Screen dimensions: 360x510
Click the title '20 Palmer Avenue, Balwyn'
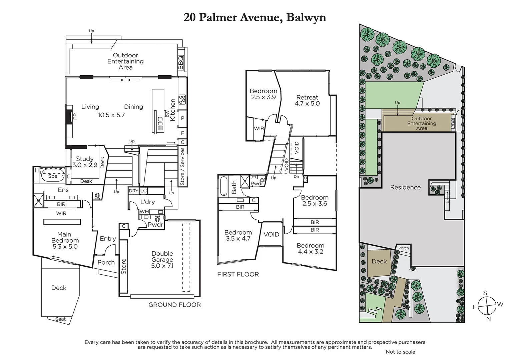pos(255,17)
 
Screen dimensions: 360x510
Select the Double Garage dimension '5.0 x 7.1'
pos(162,266)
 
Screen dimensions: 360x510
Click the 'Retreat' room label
pos(307,97)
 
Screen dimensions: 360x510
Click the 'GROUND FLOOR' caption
pos(174,305)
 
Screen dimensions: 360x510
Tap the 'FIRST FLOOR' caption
pos(238,274)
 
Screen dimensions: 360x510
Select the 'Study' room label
pos(84,159)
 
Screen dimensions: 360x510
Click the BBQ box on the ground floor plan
pos(181,63)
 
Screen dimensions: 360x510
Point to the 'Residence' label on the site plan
pos(405,187)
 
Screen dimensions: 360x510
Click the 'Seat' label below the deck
pos(60,319)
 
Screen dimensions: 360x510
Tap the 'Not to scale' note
pos(400,352)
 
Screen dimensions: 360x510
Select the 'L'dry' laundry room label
pos(147,202)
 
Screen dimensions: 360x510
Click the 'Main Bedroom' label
pos(65,237)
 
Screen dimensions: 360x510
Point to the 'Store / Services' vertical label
pos(182,167)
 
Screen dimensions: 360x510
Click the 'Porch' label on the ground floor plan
pos(106,262)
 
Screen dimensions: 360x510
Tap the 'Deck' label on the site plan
pos(379,261)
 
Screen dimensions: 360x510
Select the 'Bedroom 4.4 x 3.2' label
pos(310,248)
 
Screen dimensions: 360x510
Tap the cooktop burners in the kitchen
pos(182,99)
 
